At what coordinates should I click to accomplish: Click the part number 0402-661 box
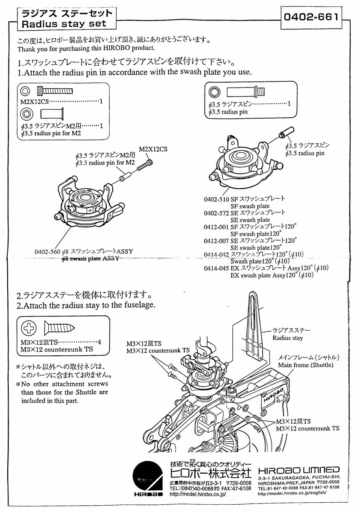311,17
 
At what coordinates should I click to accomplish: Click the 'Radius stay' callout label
288,338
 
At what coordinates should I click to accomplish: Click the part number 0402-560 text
48,251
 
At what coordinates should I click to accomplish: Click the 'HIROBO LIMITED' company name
299,469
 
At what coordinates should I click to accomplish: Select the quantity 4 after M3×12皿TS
99,342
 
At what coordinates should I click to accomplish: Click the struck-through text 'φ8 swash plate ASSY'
89,259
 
